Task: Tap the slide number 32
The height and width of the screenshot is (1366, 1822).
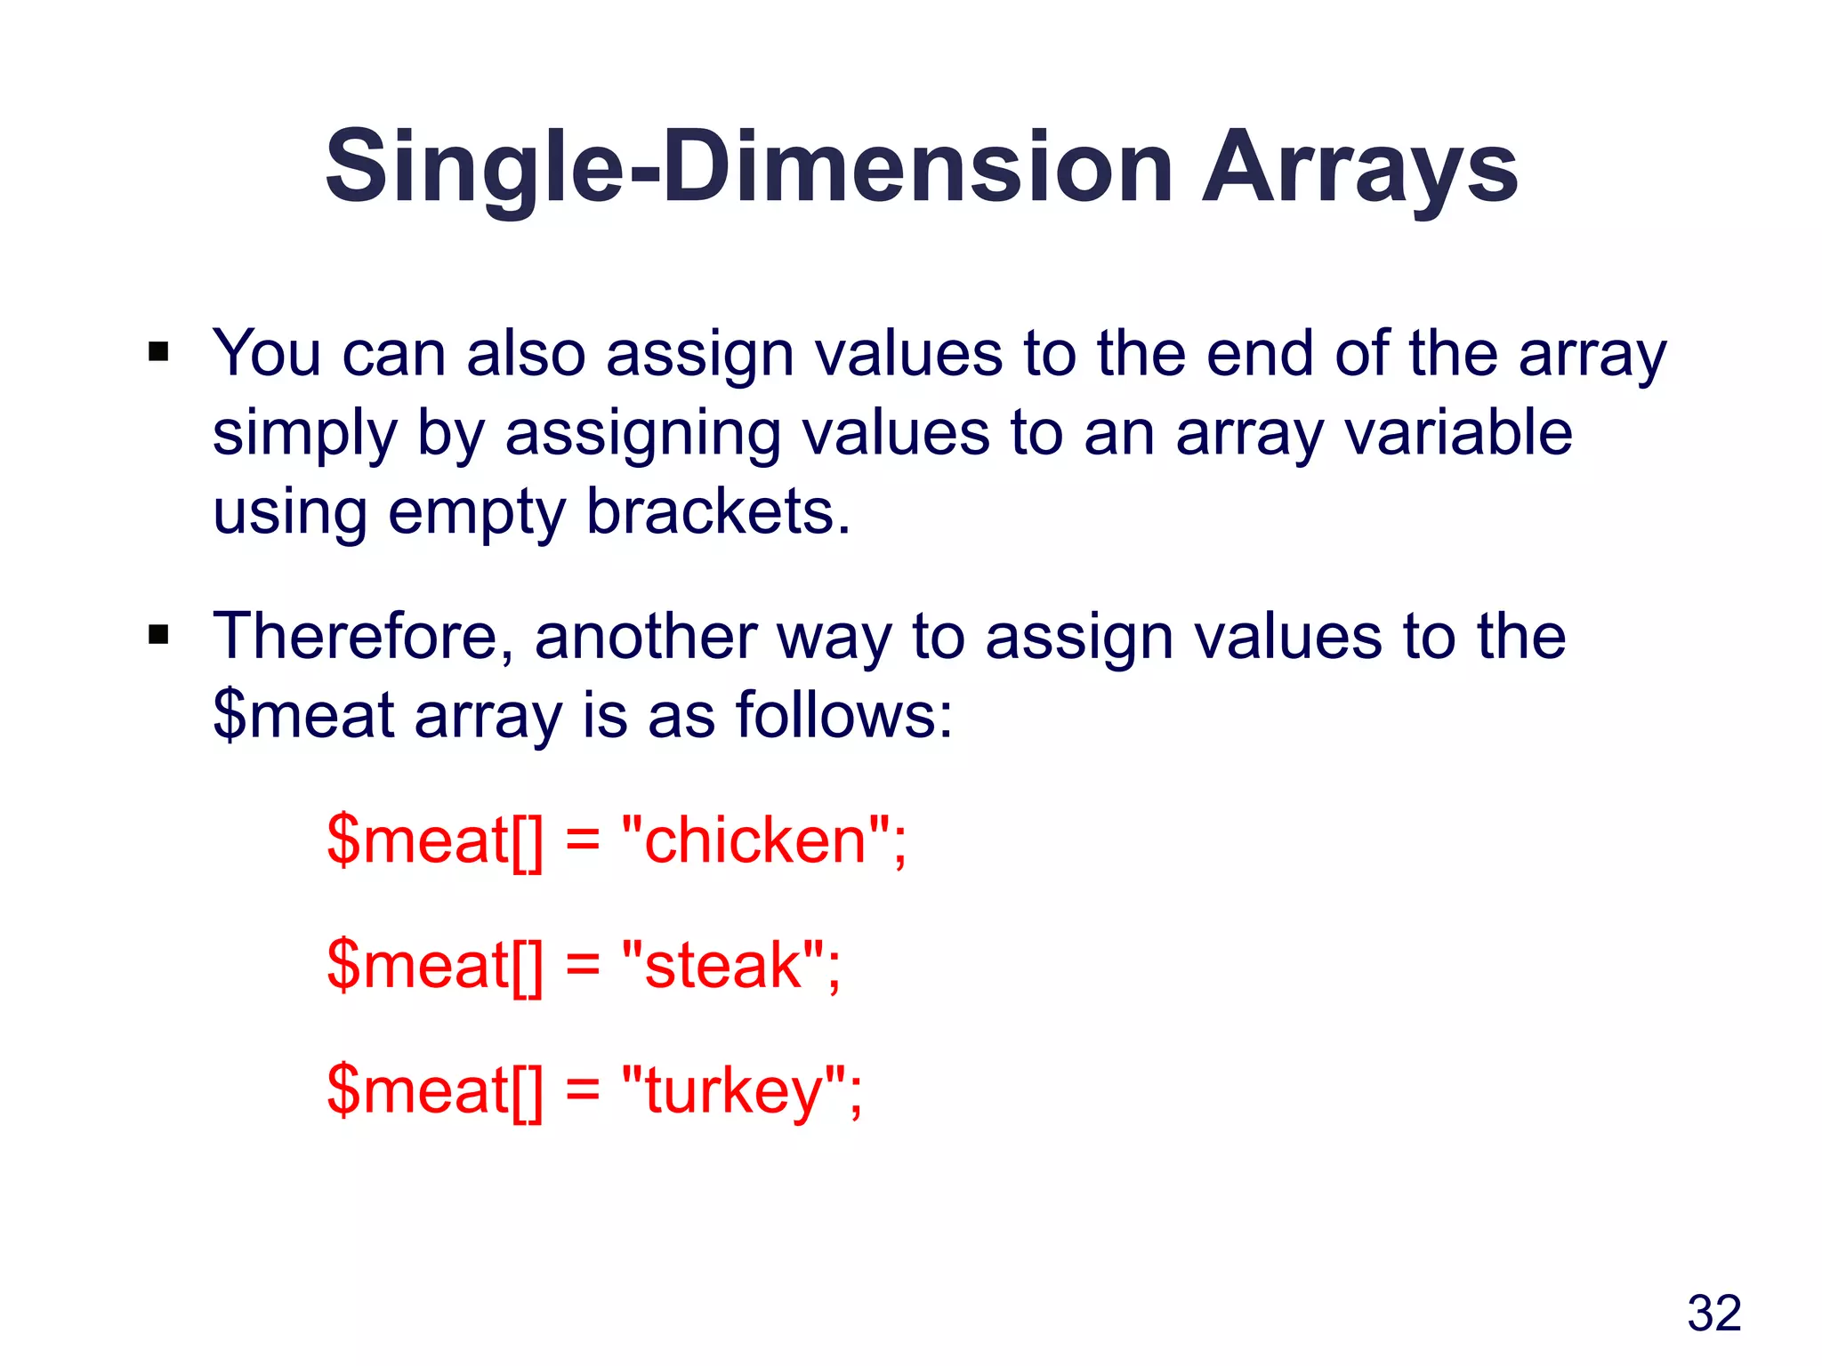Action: pos(1713,1313)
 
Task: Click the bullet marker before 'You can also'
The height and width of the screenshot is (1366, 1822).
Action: pos(159,352)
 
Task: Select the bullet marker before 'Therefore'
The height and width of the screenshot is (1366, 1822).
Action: pos(159,635)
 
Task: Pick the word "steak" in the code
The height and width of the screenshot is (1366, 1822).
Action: pos(722,965)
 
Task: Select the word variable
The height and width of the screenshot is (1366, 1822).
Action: pos(1458,434)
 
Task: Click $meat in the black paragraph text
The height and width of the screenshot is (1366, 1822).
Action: pos(303,715)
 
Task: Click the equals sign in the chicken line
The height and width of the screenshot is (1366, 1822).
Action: pos(583,841)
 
